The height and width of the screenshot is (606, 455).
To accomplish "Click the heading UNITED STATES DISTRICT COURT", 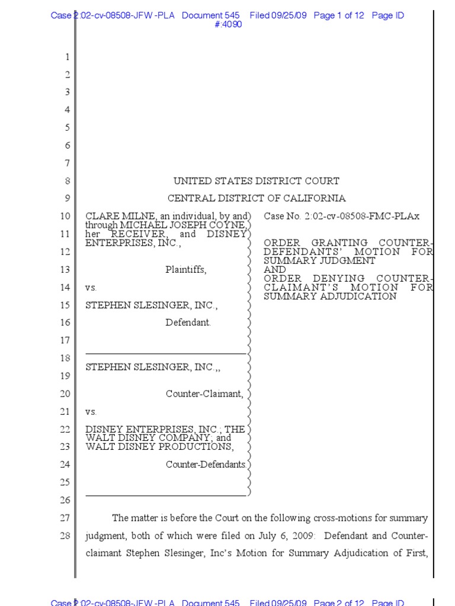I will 256,181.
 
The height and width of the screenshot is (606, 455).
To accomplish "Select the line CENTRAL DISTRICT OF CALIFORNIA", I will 256,199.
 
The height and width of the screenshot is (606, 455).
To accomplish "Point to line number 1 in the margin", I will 67,57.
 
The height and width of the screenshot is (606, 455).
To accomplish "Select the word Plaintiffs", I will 185,270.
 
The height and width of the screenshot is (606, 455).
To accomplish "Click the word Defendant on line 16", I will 188,323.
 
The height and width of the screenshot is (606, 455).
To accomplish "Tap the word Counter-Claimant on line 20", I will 204,394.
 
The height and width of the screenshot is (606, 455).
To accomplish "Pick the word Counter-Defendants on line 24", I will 206,465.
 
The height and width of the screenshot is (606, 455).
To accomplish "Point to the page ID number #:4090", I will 227,24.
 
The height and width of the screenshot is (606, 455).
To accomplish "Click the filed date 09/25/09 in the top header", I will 290,16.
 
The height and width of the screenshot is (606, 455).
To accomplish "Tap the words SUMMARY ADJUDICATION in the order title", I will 330,296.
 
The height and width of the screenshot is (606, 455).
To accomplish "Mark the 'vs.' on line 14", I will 91,288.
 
